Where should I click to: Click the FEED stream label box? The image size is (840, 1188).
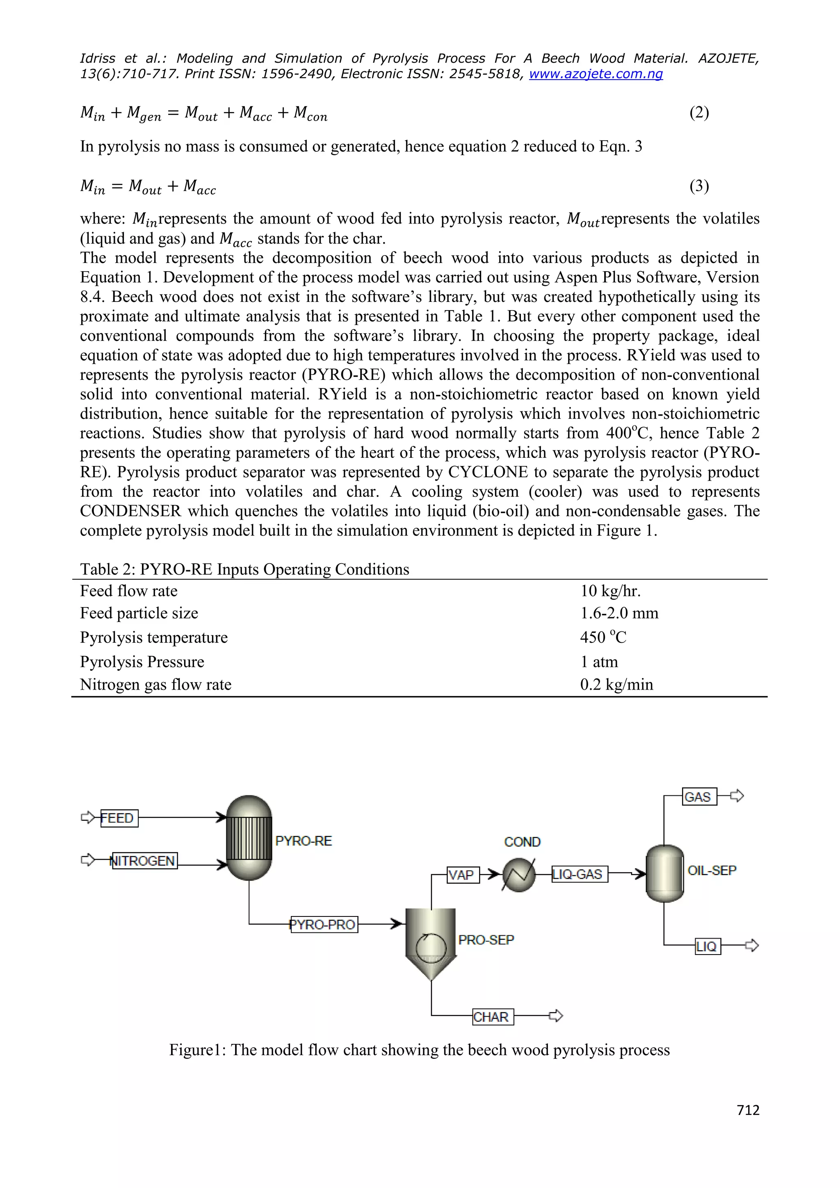pyautogui.click(x=119, y=818)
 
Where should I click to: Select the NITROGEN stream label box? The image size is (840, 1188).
pyautogui.click(x=144, y=861)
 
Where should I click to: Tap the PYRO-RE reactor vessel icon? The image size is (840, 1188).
pyautogui.click(x=249, y=838)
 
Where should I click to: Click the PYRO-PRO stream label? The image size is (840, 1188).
pyautogui.click(x=324, y=924)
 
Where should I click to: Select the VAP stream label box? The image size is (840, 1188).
pyautogui.click(x=462, y=875)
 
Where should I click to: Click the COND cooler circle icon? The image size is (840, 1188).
pyautogui.click(x=519, y=875)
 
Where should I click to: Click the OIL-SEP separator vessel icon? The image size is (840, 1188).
pyautogui.click(x=664, y=873)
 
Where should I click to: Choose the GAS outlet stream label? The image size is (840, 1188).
pyautogui.click(x=699, y=797)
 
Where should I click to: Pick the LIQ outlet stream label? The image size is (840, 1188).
pyautogui.click(x=707, y=946)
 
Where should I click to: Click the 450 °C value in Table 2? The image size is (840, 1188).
pyautogui.click(x=603, y=637)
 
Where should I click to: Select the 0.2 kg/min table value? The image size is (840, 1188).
pyautogui.click(x=616, y=685)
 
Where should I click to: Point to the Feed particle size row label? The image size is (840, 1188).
pyautogui.click(x=139, y=614)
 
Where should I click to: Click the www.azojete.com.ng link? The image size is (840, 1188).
pyautogui.click(x=596, y=74)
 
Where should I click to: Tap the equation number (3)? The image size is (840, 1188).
pyautogui.click(x=699, y=186)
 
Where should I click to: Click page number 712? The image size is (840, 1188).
pyautogui.click(x=748, y=1110)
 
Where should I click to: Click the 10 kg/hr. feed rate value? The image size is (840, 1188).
pyautogui.click(x=610, y=591)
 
